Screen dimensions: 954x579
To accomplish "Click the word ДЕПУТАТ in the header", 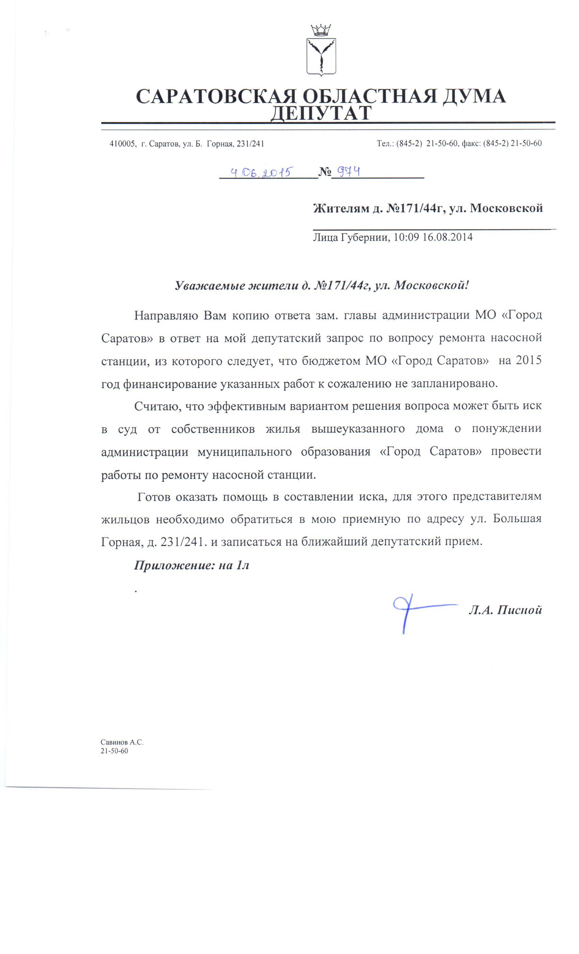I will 321,113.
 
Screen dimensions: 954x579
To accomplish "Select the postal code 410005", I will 122,144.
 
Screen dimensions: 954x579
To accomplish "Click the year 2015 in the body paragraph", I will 529,360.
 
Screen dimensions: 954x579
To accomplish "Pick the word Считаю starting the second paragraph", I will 156,406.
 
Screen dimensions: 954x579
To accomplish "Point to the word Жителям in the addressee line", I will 340,208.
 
